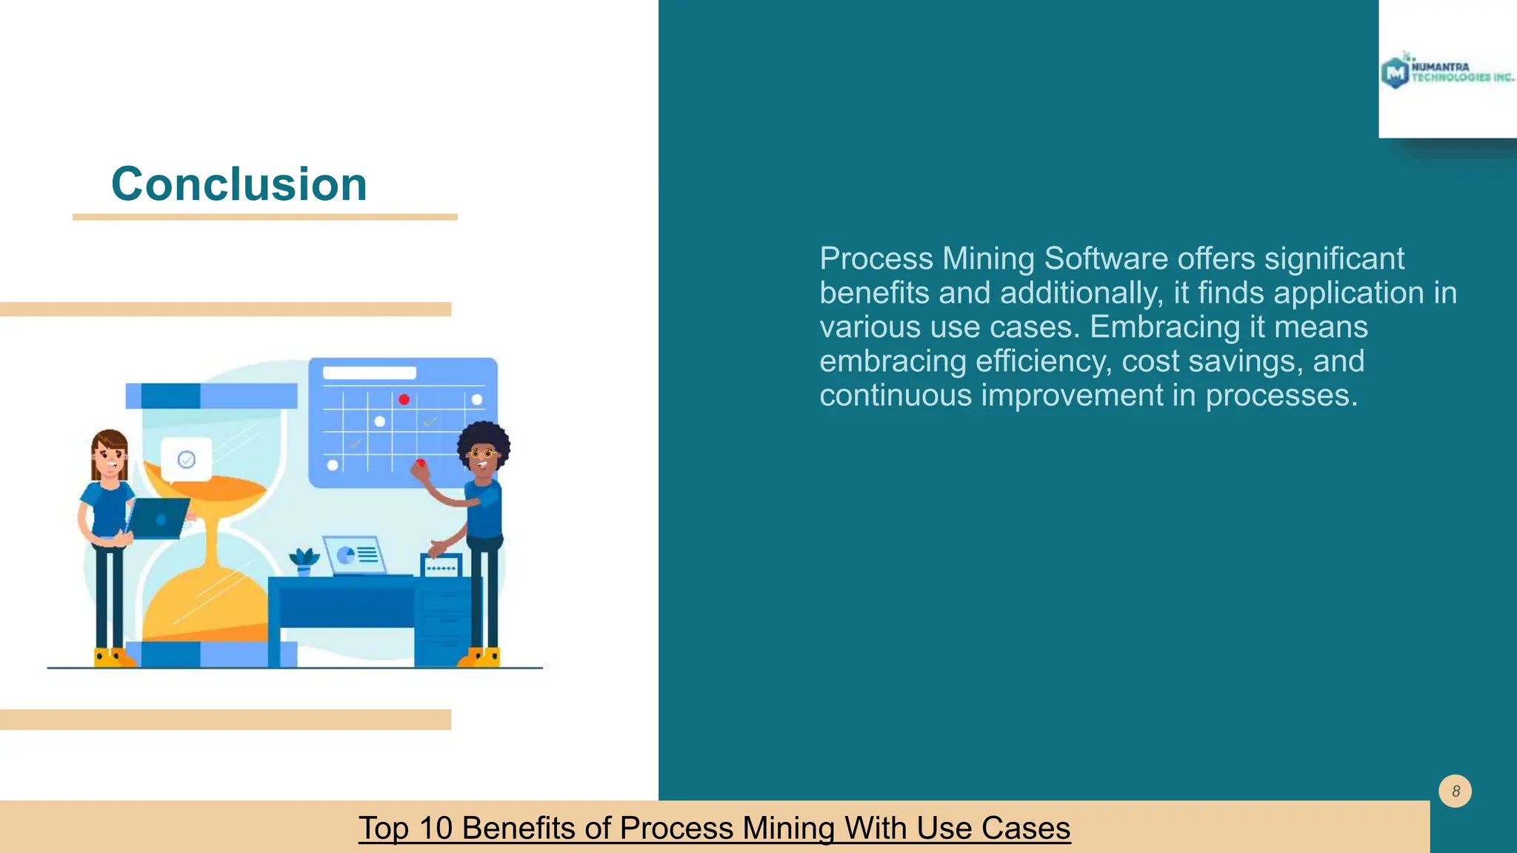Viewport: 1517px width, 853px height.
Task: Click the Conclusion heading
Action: [x=239, y=184]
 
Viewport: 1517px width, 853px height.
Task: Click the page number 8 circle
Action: [x=1455, y=791]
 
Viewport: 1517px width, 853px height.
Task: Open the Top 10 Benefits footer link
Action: [x=714, y=828]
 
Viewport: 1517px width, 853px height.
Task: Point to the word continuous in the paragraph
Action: [x=895, y=395]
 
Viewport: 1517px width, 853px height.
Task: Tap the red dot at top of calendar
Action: [x=404, y=400]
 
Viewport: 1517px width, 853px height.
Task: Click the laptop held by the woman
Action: [x=159, y=518]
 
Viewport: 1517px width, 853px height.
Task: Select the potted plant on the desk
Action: [x=303, y=561]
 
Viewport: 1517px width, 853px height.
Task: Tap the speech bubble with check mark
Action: [x=187, y=460]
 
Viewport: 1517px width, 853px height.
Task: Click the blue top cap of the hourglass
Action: [x=211, y=395]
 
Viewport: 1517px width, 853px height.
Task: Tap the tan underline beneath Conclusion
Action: [x=264, y=217]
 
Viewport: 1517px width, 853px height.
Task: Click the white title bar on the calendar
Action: [x=369, y=373]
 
